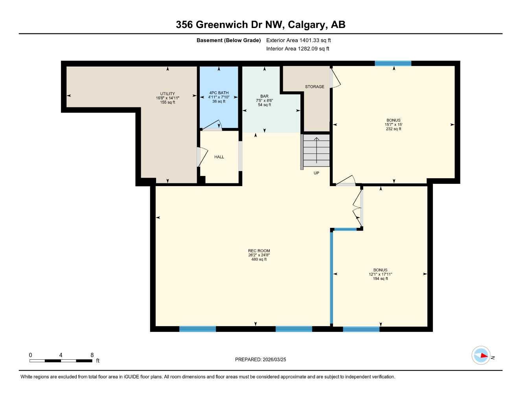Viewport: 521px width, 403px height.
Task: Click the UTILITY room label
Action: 168,94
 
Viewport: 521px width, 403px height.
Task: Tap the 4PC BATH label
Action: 219,93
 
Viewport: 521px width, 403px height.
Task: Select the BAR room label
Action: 264,96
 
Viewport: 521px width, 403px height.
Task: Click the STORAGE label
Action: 315,87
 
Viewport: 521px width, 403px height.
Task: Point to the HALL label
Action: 219,157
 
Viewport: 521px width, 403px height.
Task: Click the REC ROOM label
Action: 259,251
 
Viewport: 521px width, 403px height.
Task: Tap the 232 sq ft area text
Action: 393,129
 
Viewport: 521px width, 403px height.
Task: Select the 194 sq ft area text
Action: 380,279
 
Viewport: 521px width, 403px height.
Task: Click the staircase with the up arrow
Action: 316,150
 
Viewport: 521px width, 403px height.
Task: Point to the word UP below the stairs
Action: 316,173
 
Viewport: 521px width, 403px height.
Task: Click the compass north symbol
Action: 481,356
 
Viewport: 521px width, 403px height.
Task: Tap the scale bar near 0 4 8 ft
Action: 61,360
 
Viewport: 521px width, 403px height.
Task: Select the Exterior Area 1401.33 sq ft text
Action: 298,40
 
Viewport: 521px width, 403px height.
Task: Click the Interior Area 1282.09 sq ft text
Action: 298,49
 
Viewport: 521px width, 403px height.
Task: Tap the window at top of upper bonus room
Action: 393,63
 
